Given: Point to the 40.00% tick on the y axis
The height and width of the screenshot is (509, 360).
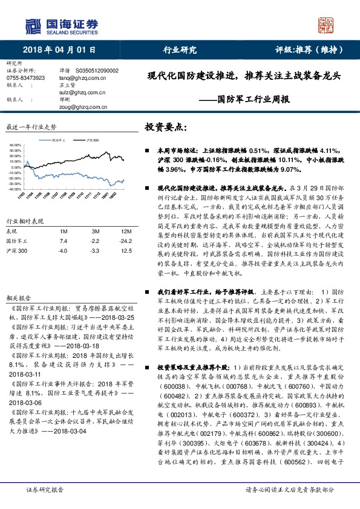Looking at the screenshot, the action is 16,146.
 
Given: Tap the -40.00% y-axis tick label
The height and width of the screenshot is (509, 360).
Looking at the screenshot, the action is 15,188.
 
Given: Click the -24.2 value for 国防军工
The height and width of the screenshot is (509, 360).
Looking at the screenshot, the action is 125,241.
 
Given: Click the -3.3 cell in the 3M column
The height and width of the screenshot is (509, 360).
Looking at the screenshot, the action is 95,250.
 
